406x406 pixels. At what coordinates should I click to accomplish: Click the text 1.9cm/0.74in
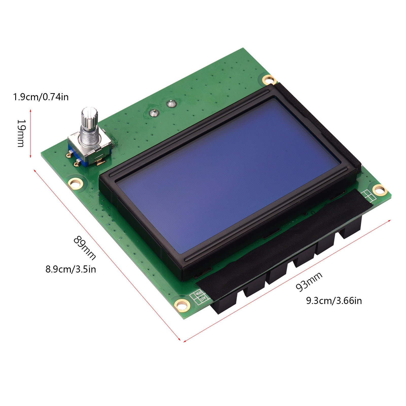[41, 97]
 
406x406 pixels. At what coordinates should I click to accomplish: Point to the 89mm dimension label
[84, 248]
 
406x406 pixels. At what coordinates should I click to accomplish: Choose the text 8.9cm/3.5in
[71, 269]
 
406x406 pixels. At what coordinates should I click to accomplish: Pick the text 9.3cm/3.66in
[334, 301]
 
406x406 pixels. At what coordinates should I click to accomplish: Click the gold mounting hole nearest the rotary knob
[75, 183]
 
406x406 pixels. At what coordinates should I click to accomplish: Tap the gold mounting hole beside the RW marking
[182, 304]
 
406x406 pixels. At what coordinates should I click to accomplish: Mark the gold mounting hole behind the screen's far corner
[269, 80]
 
